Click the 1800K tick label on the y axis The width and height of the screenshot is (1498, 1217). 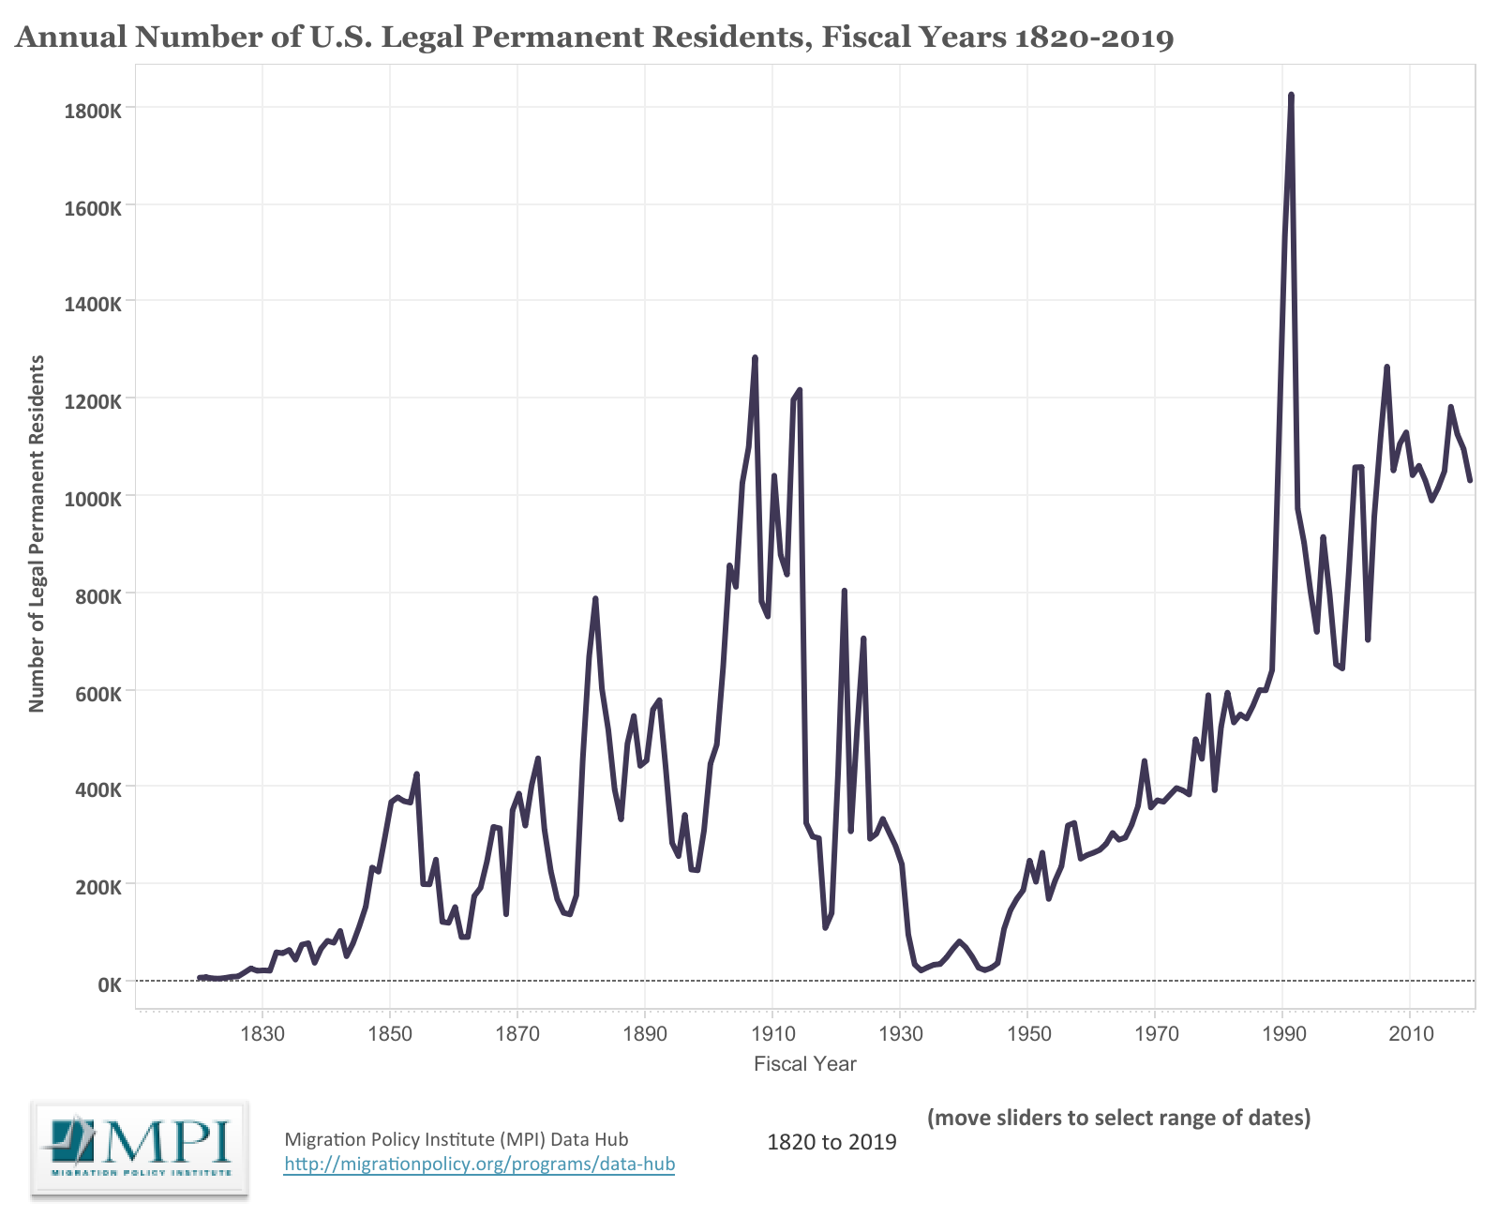(92, 111)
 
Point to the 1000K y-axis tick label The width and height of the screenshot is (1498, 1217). (92, 499)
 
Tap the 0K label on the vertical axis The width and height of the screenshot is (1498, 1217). (109, 984)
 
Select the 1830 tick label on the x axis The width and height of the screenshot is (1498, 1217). (262, 1033)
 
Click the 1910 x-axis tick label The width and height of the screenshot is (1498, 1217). (772, 1033)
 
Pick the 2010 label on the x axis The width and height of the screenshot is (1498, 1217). (1411, 1033)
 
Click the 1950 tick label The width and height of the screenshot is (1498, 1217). (1028, 1033)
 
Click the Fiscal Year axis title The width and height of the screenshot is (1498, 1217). (804, 1063)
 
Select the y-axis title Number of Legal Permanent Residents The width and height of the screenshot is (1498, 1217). (37, 533)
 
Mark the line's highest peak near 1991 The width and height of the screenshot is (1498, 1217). (1291, 96)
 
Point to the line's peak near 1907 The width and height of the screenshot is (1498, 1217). (755, 358)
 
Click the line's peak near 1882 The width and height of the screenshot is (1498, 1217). (595, 599)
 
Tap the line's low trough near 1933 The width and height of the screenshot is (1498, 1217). (921, 969)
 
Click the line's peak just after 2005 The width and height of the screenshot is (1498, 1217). (1386, 368)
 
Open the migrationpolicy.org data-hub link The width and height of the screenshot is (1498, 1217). (479, 1164)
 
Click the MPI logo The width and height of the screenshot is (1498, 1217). (139, 1147)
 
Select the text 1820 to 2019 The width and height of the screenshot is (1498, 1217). (831, 1142)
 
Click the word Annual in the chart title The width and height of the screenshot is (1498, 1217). (71, 37)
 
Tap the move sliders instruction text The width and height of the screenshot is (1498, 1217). (1118, 1118)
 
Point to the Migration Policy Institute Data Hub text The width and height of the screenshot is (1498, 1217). (456, 1139)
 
